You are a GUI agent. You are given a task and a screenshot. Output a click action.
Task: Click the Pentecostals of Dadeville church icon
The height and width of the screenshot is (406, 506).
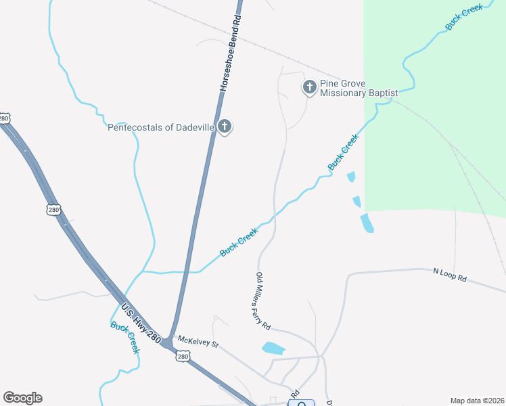[x=225, y=127]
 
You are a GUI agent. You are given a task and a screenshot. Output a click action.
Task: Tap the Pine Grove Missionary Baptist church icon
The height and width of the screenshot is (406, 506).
[x=309, y=87]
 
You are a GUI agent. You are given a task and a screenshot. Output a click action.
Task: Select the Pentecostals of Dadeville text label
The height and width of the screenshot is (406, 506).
[x=161, y=127]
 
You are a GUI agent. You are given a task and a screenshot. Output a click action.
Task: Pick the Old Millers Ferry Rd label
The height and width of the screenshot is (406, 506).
[x=263, y=301]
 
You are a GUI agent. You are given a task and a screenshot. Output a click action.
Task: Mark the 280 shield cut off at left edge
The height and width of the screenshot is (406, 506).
[x=4, y=118]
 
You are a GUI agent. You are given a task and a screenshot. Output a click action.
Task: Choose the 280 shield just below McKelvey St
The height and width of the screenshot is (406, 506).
[x=182, y=356]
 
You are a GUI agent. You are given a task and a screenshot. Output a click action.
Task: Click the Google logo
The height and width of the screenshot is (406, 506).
[x=22, y=398]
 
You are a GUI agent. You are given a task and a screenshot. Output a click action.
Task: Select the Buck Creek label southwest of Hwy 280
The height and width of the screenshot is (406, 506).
[x=126, y=336]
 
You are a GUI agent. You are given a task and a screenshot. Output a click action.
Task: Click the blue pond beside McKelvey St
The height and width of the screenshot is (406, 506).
[x=273, y=348]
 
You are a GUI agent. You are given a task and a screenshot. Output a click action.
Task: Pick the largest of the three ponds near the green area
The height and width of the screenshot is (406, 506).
[x=367, y=223]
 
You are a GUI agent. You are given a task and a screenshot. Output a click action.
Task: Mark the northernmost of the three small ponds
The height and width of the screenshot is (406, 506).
[x=350, y=177]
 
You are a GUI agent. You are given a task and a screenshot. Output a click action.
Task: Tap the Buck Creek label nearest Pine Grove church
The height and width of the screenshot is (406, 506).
[x=343, y=152]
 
